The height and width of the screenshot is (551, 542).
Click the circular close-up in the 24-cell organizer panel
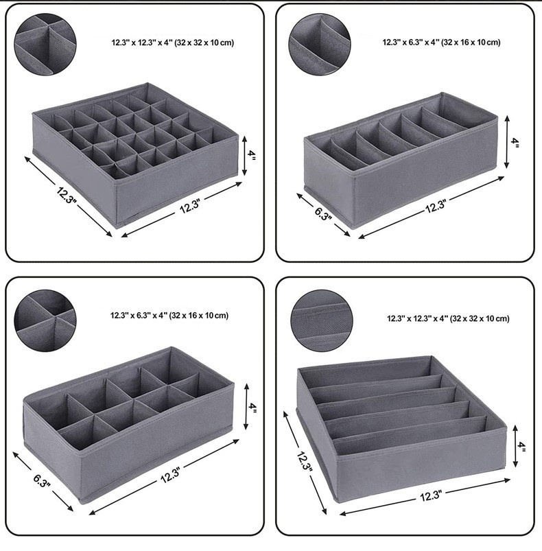click(45, 44)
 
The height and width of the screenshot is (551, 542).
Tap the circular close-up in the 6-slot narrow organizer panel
click(319, 44)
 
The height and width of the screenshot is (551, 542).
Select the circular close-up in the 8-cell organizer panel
click(45, 320)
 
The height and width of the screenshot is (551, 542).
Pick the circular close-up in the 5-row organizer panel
click(322, 320)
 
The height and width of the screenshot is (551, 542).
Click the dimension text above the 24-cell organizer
click(173, 43)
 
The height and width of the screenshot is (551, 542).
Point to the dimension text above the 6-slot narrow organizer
click(442, 43)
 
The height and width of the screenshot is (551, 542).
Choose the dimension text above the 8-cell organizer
click(169, 316)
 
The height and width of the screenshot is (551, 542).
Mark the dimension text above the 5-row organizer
click(448, 318)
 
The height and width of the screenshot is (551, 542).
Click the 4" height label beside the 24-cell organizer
click(252, 156)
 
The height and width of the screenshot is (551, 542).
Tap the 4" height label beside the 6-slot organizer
click(515, 142)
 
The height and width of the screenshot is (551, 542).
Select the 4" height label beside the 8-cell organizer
click(252, 407)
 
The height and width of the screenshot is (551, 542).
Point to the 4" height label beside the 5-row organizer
click(522, 447)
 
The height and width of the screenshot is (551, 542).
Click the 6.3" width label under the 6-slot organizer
click(323, 213)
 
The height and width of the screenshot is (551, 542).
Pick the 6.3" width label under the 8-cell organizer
click(42, 482)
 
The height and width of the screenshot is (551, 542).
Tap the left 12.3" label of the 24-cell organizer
click(66, 194)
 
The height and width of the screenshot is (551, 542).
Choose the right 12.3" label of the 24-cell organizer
click(190, 206)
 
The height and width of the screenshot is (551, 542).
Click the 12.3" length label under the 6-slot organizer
click(436, 206)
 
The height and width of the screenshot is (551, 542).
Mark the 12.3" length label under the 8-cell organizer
click(170, 475)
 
